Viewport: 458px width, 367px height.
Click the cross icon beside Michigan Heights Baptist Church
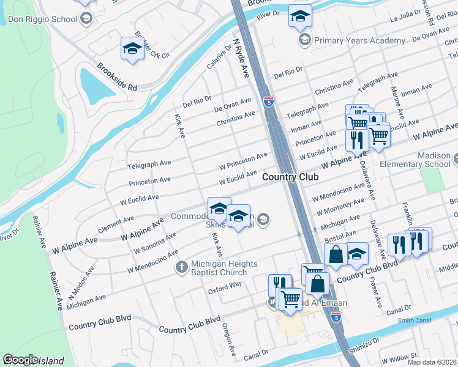(x=181, y=267)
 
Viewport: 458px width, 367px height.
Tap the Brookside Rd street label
(x=116, y=77)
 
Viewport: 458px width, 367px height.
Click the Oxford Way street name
(x=225, y=284)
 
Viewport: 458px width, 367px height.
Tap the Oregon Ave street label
(x=229, y=339)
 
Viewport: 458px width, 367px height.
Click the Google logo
(x=20, y=360)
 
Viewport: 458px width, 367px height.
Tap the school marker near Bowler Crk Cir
(x=132, y=50)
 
